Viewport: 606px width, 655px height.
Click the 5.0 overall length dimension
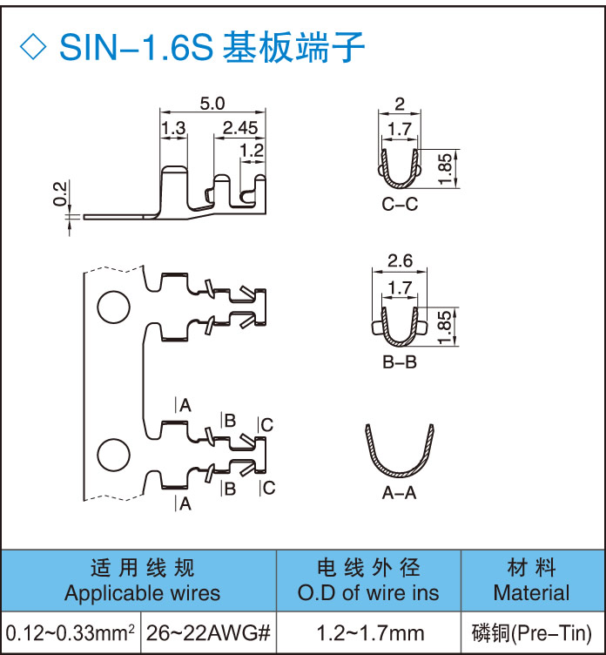(x=212, y=104)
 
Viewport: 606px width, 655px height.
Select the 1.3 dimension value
(x=173, y=128)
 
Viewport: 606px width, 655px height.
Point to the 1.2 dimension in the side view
(x=252, y=150)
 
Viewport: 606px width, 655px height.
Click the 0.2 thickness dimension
(x=59, y=194)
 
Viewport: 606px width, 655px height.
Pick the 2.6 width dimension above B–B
(x=400, y=260)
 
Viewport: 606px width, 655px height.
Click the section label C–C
(x=400, y=206)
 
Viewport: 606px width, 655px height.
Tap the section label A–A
(x=400, y=493)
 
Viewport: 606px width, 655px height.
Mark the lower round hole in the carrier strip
(x=111, y=454)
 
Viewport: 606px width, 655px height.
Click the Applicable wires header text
(x=142, y=593)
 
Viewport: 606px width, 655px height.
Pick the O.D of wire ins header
(x=368, y=593)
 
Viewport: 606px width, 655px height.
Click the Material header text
(x=531, y=593)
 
